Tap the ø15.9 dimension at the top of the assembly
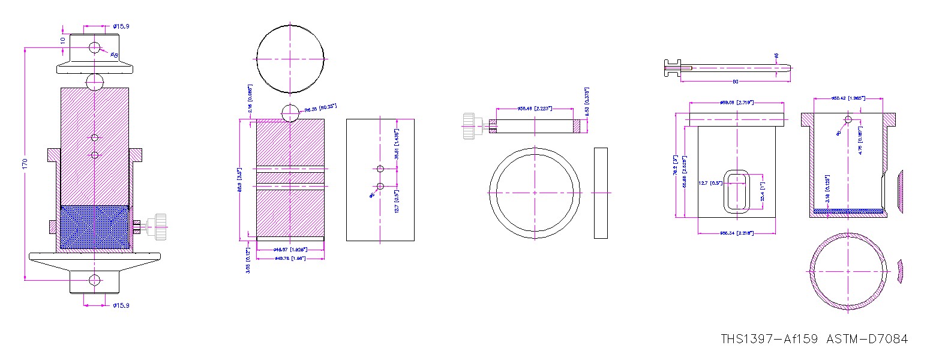point(121,26)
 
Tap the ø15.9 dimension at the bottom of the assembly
point(121,305)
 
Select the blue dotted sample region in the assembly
point(95,228)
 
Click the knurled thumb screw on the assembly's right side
point(160,227)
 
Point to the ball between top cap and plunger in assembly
point(95,81)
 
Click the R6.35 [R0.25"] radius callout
point(320,108)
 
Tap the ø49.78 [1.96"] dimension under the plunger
point(290,258)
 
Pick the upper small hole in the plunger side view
point(380,169)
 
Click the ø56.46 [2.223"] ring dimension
point(535,109)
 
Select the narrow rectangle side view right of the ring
point(601,193)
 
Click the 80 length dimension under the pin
point(736,82)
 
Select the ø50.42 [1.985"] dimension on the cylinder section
point(847,98)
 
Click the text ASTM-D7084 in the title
point(866,339)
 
